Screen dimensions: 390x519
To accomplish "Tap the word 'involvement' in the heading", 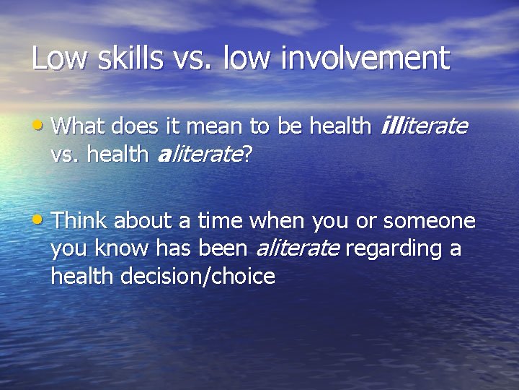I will pos(365,58).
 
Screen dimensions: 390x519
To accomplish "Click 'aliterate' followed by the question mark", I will pos(199,154).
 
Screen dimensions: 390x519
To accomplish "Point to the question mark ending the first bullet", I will pos(247,154).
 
